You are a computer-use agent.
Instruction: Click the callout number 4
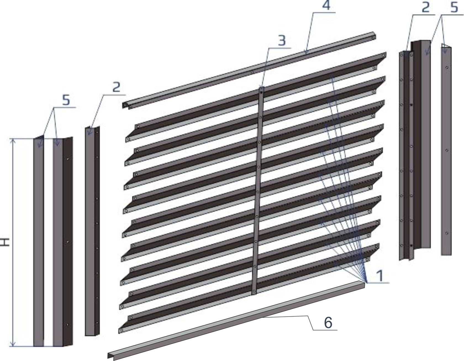point(326,5)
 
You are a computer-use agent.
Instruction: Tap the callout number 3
point(281,40)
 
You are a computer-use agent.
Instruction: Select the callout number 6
point(328,322)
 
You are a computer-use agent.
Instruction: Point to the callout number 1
point(381,276)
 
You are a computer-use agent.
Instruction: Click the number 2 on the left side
point(117,87)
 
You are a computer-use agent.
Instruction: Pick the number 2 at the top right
point(426,7)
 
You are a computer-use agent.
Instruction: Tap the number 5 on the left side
point(66,100)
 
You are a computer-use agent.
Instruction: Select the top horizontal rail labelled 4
point(249,70)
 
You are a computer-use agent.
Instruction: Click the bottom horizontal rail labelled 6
point(236,320)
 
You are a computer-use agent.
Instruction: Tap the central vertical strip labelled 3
point(258,191)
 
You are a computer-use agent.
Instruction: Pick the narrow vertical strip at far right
point(446,151)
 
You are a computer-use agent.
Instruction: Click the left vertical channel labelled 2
point(92,231)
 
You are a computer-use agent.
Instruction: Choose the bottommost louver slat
point(249,289)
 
